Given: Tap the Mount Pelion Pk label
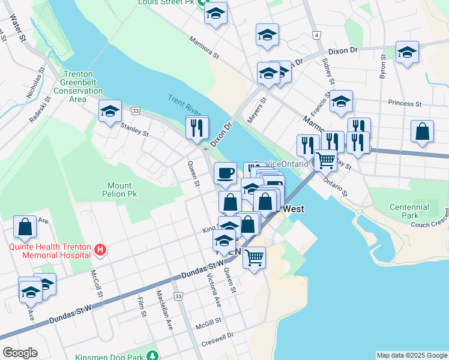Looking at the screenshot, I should tap(123, 190).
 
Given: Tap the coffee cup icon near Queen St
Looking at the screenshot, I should tap(226, 173).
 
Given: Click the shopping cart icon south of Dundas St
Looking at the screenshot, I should tap(255, 257).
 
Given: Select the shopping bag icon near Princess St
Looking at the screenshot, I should tap(423, 131).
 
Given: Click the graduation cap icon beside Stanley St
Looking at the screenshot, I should tap(110, 111).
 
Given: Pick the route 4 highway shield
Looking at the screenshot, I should tap(316, 36).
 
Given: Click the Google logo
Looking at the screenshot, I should tap(20, 353).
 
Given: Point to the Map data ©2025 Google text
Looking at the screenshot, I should tap(412, 355).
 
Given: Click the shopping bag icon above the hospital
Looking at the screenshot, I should tap(25, 227).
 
